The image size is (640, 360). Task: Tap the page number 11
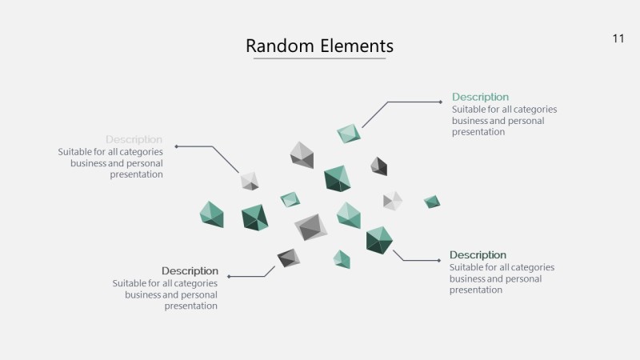click(x=618, y=38)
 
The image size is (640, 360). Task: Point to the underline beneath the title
click(x=319, y=59)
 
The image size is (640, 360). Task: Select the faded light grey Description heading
click(x=134, y=140)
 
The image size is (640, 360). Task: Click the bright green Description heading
click(x=480, y=98)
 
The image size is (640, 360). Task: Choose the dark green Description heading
click(x=478, y=255)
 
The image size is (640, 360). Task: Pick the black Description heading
click(x=190, y=271)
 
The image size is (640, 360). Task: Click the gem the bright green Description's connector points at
click(x=348, y=134)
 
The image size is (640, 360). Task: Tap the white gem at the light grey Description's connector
click(x=250, y=181)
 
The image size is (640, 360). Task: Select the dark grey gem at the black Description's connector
click(x=288, y=258)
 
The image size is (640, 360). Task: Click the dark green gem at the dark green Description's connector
click(x=379, y=240)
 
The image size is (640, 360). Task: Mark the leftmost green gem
click(x=211, y=214)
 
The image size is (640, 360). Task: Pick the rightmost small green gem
click(x=432, y=202)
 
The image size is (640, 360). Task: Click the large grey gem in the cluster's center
click(x=310, y=228)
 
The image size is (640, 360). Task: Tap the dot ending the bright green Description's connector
click(x=442, y=102)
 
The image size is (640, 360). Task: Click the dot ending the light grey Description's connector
click(x=176, y=146)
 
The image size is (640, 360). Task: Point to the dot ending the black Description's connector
click(x=229, y=276)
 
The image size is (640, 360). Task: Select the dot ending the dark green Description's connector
click(x=440, y=260)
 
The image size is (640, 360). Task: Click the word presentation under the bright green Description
click(x=478, y=133)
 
